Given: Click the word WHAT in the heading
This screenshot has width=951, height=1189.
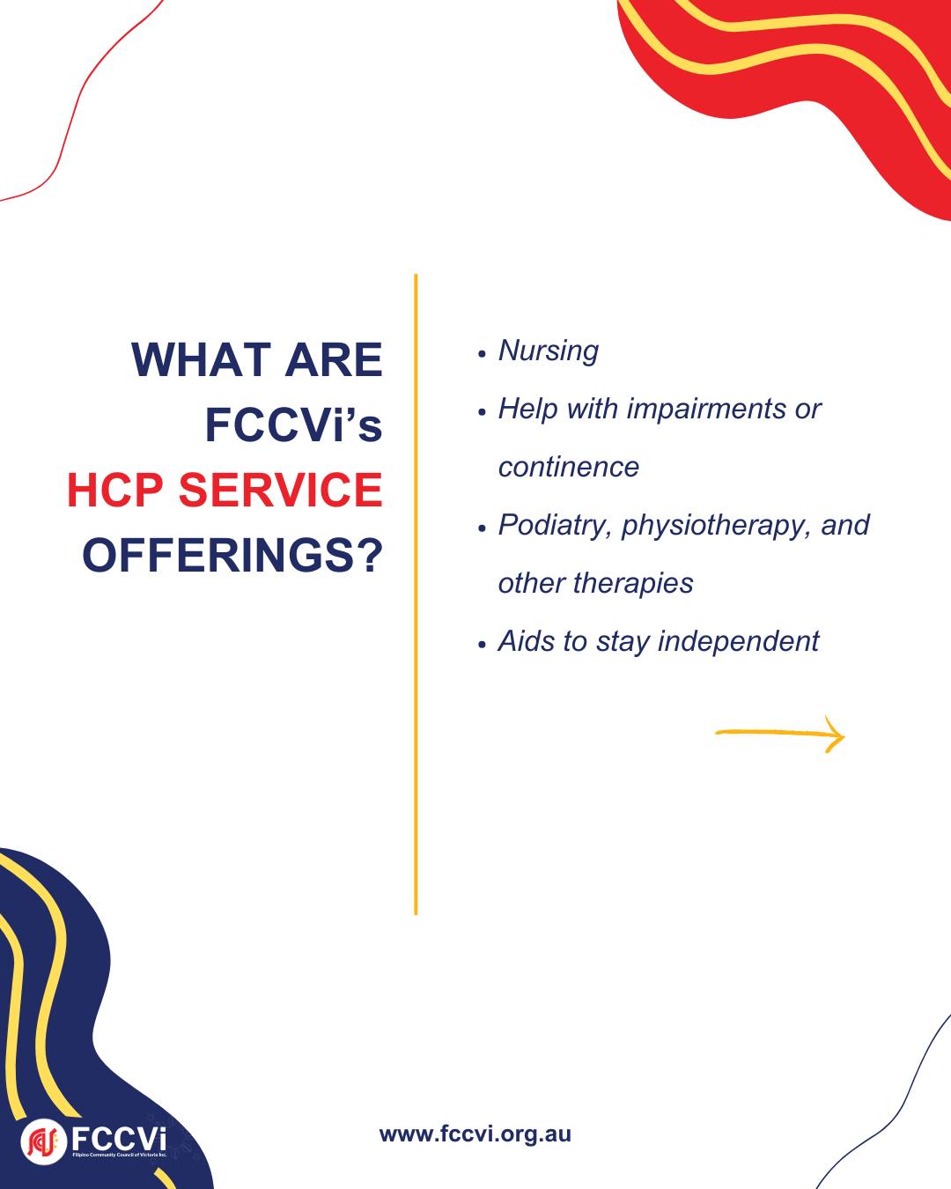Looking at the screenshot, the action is tap(201, 359).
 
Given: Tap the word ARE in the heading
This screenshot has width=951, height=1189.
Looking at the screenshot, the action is tap(333, 359).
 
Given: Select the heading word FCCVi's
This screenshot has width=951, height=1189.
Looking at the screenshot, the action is tap(293, 425).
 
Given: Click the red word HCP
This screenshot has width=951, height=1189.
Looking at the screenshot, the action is tap(115, 490).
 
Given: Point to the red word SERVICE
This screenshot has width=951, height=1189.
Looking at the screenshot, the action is tap(281, 490).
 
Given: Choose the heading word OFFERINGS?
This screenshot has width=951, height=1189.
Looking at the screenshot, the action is tap(232, 555).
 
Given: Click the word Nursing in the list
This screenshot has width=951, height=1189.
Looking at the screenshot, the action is tap(549, 351).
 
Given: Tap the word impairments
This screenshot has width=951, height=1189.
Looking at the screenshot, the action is tap(705, 410).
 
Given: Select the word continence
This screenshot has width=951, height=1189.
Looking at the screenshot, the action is tap(569, 468).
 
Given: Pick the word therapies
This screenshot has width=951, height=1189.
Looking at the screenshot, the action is tap(633, 583).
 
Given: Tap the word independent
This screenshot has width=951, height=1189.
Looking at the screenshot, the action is tap(738, 641).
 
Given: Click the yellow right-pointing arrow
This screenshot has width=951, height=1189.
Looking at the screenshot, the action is tap(780, 733).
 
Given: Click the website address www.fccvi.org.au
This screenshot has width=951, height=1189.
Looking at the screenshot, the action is tap(475, 1134).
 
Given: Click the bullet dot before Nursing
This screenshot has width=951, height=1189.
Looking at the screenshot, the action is tap(482, 354).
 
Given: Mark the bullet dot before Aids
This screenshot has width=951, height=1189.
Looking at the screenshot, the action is tap(482, 644).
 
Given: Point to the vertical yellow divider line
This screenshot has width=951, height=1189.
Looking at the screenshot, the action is tap(416, 594).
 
